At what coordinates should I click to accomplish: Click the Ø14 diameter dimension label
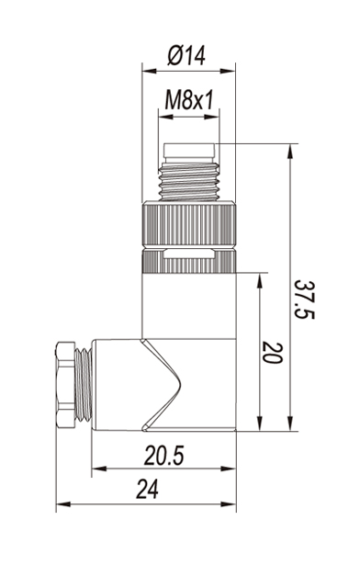coord(186,56)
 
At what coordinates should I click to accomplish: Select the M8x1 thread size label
coord(189,100)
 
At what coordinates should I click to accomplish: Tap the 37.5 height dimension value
coord(303,300)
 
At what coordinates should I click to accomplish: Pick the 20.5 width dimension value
coord(164,456)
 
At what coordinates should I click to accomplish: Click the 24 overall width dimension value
coord(147,489)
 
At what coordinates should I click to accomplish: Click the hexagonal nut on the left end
coord(65,384)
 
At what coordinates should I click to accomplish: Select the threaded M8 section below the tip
coord(189,181)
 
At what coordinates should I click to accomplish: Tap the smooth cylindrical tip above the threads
coord(189,151)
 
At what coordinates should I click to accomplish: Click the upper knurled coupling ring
coord(189,224)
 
